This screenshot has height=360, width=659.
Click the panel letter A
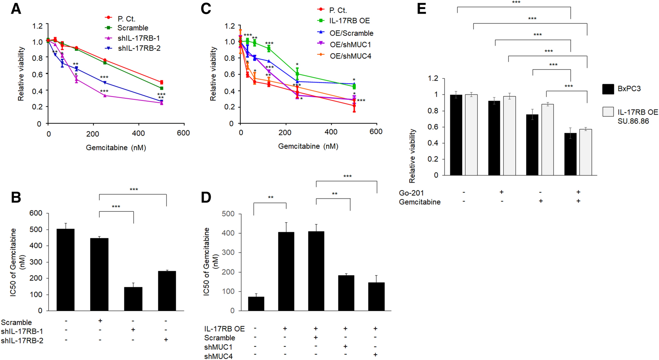click(x=16, y=9)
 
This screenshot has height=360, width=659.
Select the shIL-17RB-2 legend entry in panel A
click(x=139, y=49)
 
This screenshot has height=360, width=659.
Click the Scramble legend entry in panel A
click(x=133, y=28)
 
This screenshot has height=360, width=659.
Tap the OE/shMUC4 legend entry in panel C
click(x=350, y=56)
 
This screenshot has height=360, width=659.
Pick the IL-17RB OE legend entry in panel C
click(x=349, y=21)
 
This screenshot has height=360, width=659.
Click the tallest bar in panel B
click(x=65, y=270)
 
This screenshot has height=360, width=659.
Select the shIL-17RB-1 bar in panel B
click(x=133, y=299)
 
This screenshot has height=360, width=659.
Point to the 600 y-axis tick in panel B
click(x=36, y=213)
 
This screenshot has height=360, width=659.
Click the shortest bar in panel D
click(x=256, y=303)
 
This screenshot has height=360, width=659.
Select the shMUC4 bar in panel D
click(x=376, y=297)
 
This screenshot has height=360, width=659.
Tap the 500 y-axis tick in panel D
click(x=228, y=214)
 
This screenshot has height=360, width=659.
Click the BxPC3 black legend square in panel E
click(x=608, y=89)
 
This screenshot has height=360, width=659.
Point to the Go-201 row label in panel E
click(x=411, y=193)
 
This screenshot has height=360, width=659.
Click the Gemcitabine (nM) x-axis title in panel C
click(x=308, y=146)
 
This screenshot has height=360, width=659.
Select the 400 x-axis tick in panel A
click(x=138, y=134)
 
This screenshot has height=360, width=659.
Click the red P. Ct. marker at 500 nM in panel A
click(x=162, y=82)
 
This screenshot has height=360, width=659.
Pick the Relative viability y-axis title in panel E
click(x=412, y=156)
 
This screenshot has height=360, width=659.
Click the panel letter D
click(x=206, y=197)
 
